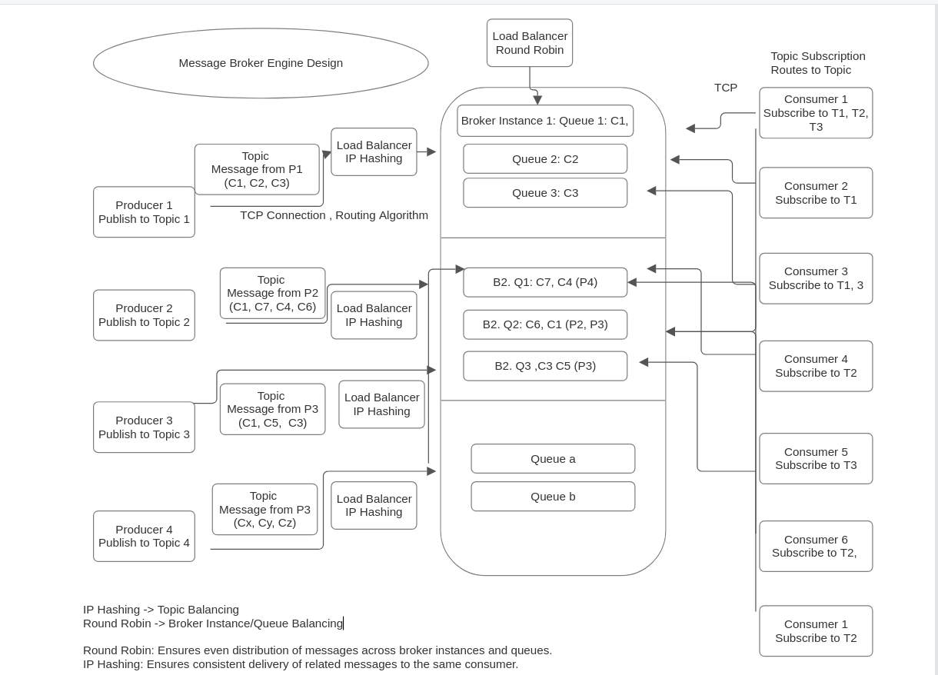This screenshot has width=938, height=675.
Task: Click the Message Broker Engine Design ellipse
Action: tap(261, 63)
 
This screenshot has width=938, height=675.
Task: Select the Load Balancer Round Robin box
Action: tap(530, 43)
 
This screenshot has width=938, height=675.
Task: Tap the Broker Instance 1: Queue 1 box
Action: tap(545, 121)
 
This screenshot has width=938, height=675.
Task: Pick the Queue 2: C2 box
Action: tap(545, 159)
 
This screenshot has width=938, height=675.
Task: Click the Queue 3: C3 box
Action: tap(545, 193)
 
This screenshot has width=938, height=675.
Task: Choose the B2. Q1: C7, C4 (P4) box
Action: tap(545, 282)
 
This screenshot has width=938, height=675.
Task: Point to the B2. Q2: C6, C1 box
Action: tap(545, 324)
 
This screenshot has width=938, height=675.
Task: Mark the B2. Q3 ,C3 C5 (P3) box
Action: tap(545, 366)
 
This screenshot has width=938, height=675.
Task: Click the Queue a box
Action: tap(553, 459)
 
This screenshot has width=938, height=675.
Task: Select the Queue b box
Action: tap(553, 497)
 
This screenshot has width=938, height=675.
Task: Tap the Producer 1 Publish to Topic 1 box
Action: tap(144, 212)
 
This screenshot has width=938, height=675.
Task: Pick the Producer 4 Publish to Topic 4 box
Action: tap(144, 537)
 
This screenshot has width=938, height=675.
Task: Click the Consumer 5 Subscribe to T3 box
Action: tap(816, 459)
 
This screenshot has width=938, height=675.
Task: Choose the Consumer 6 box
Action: tap(816, 547)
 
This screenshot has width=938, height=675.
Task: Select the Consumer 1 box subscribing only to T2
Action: tap(816, 631)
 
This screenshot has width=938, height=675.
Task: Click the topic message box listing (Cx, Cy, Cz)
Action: tap(264, 510)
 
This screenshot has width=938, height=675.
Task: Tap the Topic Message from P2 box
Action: tap(272, 293)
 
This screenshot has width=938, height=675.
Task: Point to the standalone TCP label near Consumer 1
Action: tap(726, 88)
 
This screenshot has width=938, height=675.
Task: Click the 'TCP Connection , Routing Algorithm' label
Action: tap(334, 215)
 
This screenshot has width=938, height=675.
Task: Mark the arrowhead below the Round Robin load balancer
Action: tap(537, 100)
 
